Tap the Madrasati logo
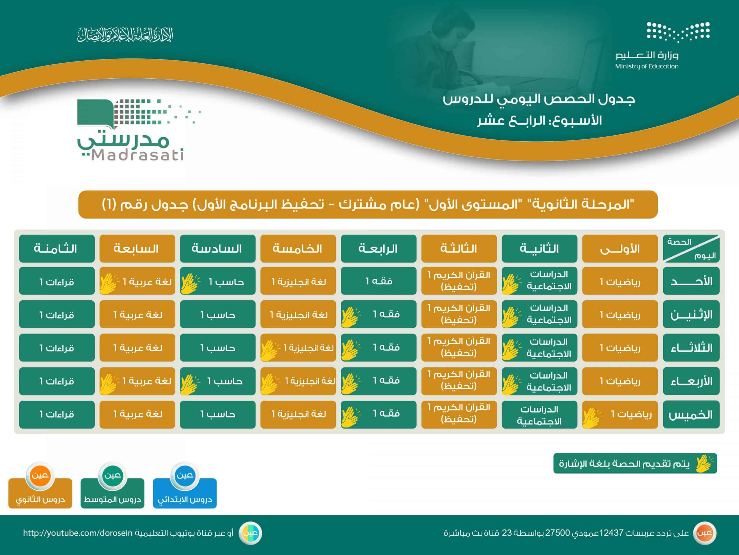(x=139, y=130)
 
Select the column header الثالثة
(x=459, y=249)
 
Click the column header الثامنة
(x=57, y=249)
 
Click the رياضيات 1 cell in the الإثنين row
(x=620, y=314)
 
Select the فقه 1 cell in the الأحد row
(x=378, y=281)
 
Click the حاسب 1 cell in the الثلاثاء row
(x=217, y=347)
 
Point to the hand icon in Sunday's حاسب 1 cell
(x=189, y=284)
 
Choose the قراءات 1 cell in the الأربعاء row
(x=57, y=381)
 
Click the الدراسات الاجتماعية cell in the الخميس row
(x=540, y=415)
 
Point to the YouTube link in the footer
(x=78, y=533)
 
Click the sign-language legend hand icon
(x=704, y=463)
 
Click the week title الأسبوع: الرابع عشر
(x=540, y=121)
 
